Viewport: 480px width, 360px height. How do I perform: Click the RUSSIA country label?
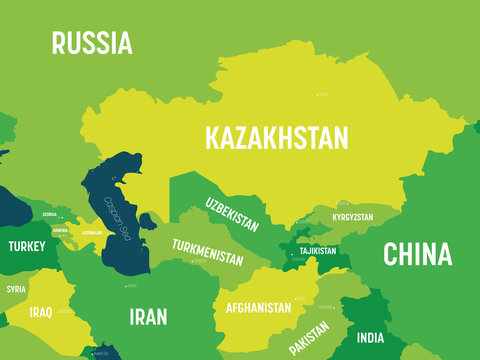pyautogui.click(x=92, y=43)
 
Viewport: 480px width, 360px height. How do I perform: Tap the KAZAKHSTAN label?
pyautogui.click(x=276, y=137)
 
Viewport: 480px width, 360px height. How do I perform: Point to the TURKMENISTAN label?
pyautogui.click(x=207, y=252)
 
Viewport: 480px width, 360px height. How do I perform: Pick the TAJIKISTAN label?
pyautogui.click(x=317, y=251)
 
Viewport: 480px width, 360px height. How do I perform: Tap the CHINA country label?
pyautogui.click(x=417, y=253)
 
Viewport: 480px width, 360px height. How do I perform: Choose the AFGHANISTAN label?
pyautogui.click(x=258, y=308)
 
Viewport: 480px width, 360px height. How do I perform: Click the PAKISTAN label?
pyautogui.click(x=309, y=338)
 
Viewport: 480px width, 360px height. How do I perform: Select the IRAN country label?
pyautogui.click(x=148, y=317)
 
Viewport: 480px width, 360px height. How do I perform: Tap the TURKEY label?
pyautogui.click(x=26, y=245)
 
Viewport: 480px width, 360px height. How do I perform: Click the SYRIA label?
pyautogui.click(x=16, y=289)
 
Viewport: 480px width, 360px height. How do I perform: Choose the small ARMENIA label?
pyautogui.click(x=60, y=228)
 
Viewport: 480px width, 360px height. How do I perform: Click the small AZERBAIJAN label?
pyautogui.click(x=92, y=231)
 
